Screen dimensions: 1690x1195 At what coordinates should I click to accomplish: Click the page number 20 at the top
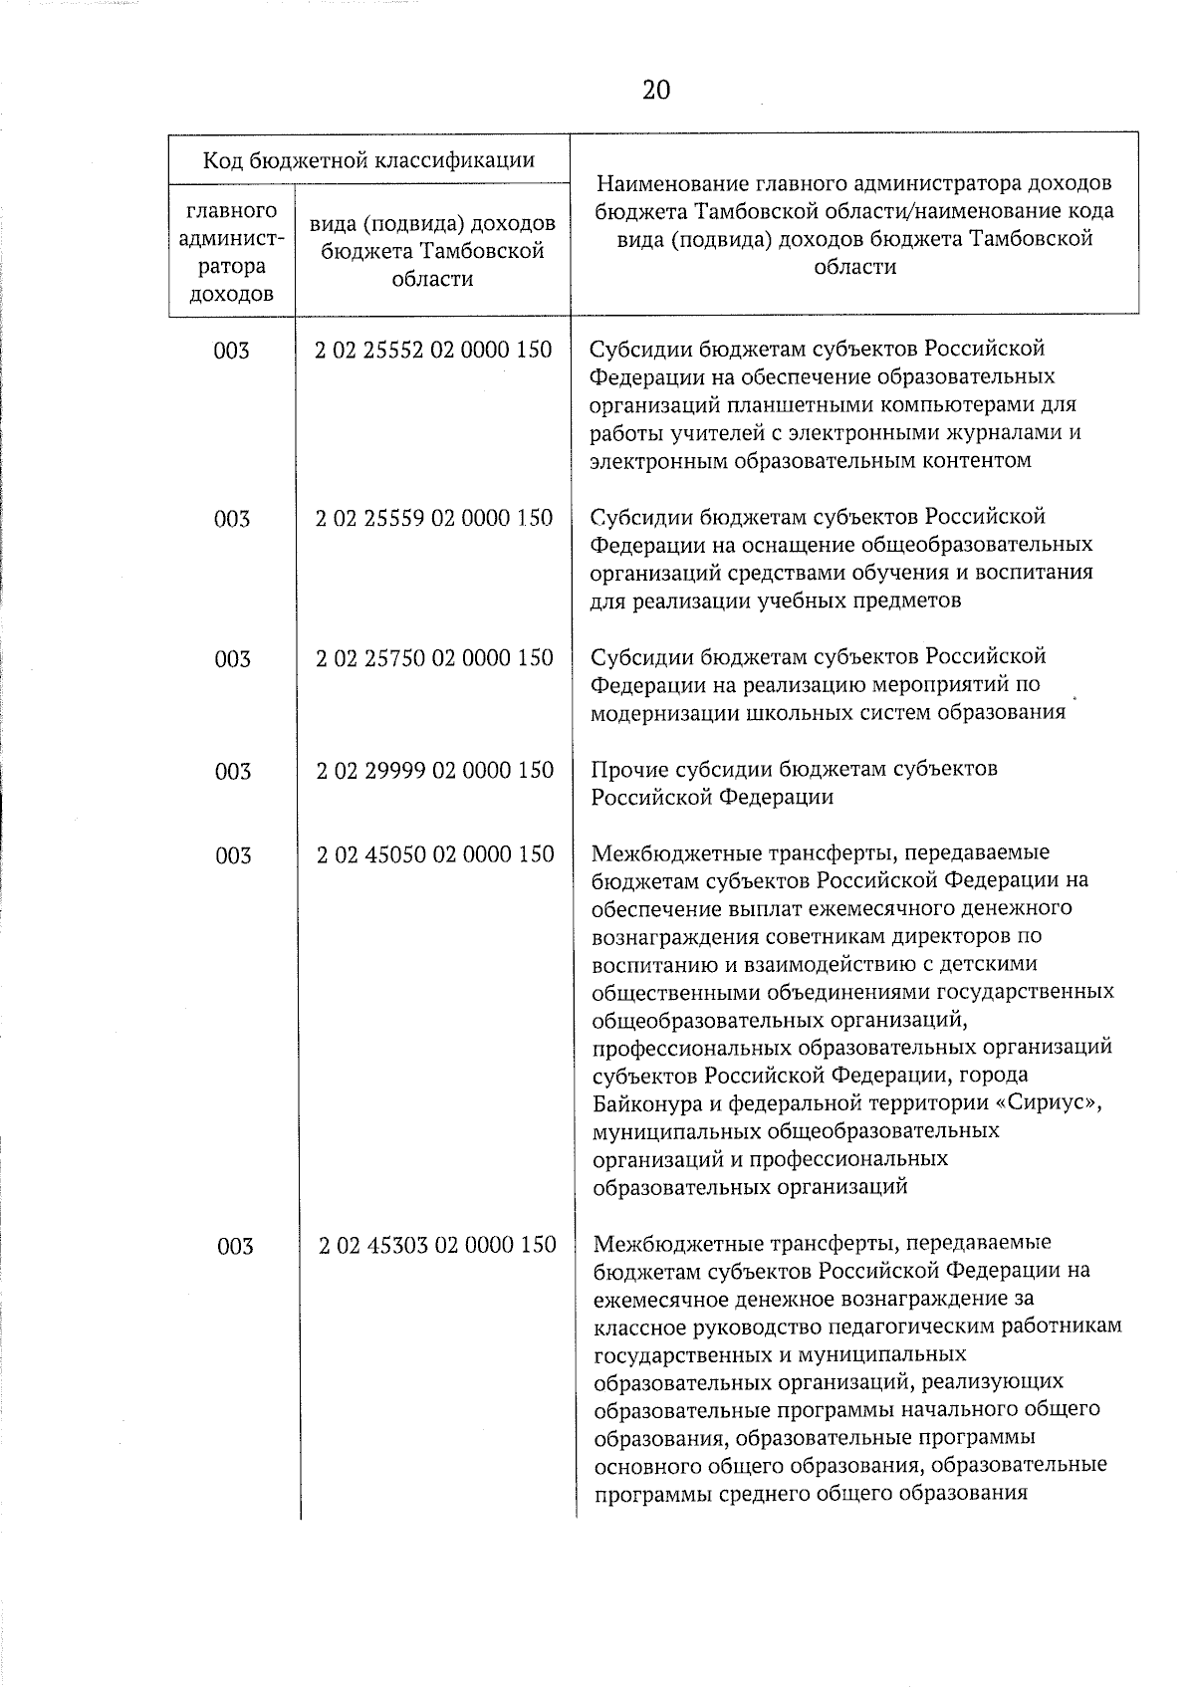(x=656, y=91)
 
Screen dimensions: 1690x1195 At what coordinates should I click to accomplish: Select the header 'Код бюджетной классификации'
(x=368, y=159)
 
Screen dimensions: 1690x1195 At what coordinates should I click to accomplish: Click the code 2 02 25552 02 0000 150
(x=433, y=350)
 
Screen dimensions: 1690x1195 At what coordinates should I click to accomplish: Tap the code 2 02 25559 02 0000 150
(x=434, y=518)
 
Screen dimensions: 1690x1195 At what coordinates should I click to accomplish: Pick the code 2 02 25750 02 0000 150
(x=434, y=657)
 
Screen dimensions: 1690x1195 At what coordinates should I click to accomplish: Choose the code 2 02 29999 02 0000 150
(x=435, y=770)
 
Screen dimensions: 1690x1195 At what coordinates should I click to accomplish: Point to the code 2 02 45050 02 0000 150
(x=435, y=853)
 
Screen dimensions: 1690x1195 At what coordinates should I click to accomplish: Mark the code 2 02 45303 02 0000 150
(x=437, y=1244)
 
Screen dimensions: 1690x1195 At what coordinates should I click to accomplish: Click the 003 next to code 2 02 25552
(x=231, y=351)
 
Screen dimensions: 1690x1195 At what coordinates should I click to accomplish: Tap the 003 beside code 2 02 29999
(x=233, y=771)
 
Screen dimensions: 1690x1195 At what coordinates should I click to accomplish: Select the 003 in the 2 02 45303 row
(x=235, y=1246)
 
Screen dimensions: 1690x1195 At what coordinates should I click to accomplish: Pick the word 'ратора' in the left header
(x=231, y=266)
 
